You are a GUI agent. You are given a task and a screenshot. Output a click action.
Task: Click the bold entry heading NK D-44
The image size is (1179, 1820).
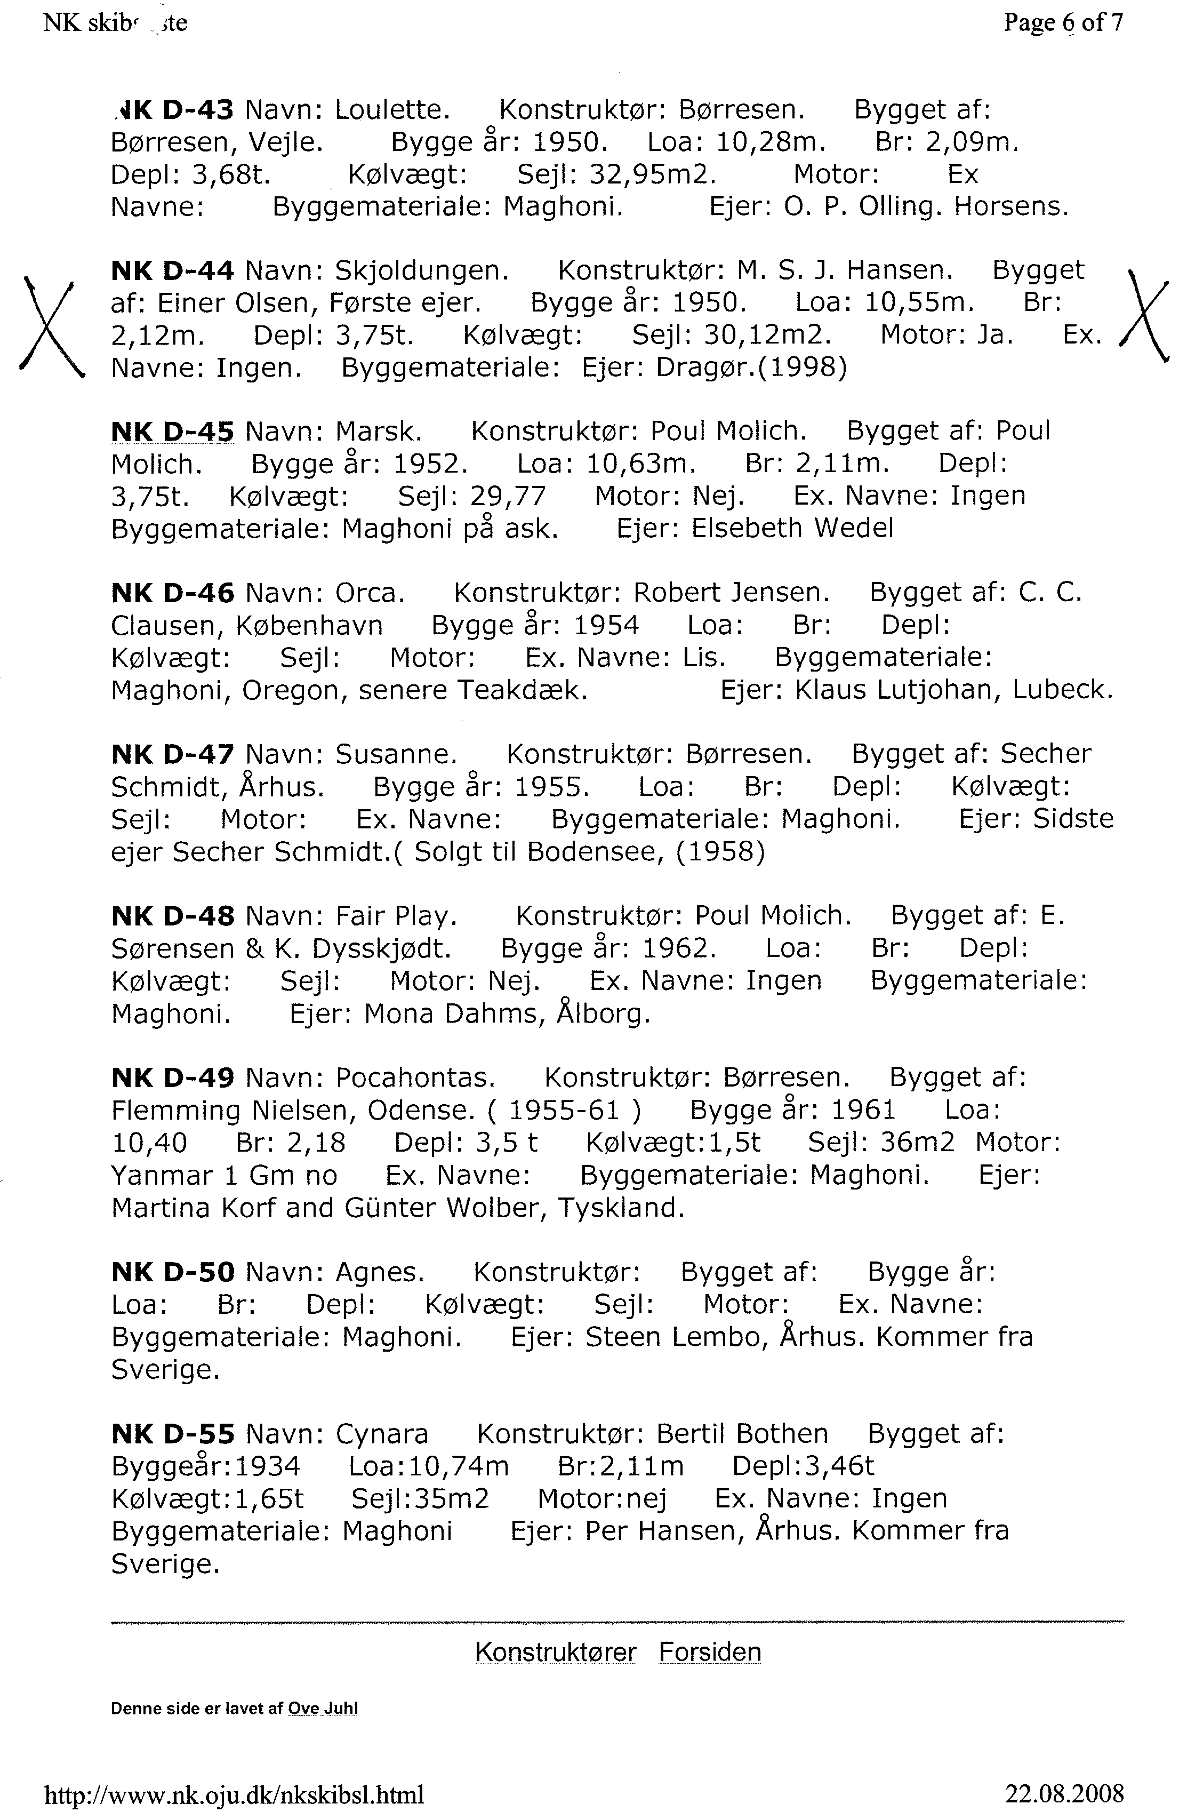pos(172,270)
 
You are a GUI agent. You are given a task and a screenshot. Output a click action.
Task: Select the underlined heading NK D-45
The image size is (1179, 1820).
pos(172,432)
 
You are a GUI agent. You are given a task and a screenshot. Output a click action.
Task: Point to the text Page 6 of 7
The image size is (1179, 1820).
pos(1063,23)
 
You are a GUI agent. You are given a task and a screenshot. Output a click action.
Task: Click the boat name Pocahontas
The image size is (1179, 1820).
pos(415,1078)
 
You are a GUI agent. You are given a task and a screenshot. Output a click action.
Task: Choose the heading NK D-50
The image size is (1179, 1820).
pos(172,1273)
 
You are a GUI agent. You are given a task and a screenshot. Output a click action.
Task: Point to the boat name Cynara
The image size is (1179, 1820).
pos(381,1434)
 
